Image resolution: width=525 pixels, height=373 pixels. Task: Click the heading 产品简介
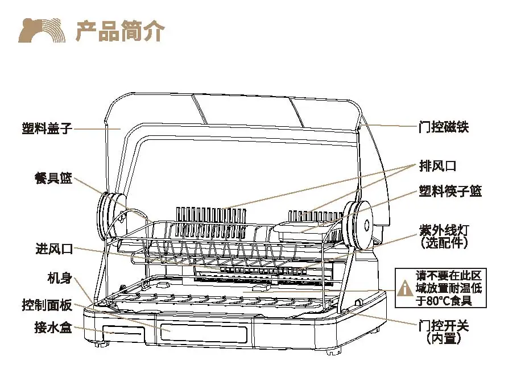click(x=120, y=31)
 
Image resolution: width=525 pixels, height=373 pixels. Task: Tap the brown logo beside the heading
click(x=39, y=31)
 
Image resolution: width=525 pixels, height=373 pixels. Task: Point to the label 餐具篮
click(x=54, y=178)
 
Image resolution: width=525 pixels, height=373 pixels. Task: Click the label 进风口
click(x=54, y=248)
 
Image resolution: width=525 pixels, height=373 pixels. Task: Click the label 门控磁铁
click(x=444, y=126)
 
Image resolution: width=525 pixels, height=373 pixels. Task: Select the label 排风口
click(x=438, y=165)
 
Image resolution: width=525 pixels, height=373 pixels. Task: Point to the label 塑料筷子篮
click(x=450, y=191)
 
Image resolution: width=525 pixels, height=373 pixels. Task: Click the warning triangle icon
click(x=405, y=288)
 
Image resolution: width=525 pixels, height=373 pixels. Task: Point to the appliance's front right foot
click(x=331, y=351)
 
